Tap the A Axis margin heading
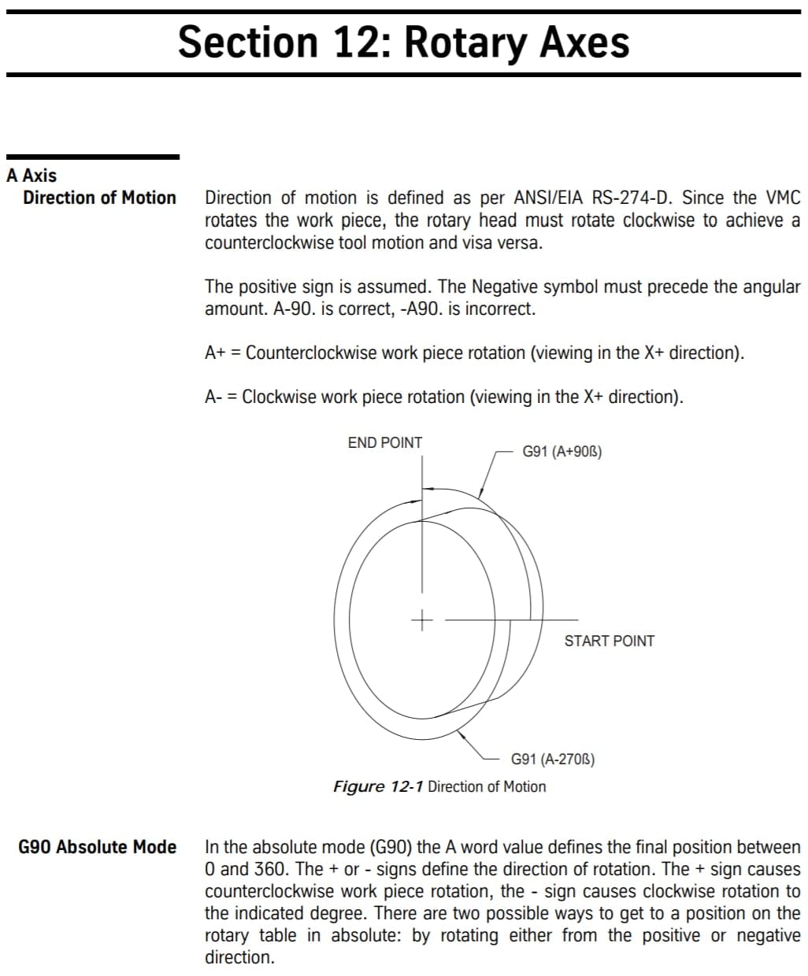[32, 176]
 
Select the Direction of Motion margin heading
[99, 198]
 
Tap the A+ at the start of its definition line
[215, 353]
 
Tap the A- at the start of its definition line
[213, 397]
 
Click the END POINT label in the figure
[385, 443]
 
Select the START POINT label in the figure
[609, 641]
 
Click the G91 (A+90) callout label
[562, 452]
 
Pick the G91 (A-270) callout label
[553, 760]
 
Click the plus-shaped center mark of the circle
[422, 620]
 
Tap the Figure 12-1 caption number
[379, 786]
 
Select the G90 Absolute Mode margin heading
[97, 847]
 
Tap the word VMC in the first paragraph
[782, 198]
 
